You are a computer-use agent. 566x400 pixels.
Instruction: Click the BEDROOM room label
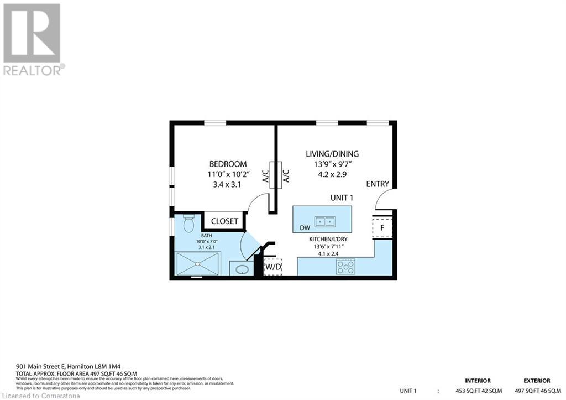pos(228,164)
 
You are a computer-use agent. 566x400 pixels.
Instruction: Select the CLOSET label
pos(225,221)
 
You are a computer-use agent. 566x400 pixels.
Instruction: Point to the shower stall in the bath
pos(198,263)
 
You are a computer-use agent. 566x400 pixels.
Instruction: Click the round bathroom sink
pos(242,269)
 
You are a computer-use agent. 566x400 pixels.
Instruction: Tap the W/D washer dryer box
pos(273,267)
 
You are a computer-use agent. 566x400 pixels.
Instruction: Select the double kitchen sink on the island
pos(324,222)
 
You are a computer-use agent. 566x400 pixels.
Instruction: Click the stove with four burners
pos(346,267)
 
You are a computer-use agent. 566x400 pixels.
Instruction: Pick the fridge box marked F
pos(382,228)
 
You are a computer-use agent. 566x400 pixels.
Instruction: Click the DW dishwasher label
pos(305,227)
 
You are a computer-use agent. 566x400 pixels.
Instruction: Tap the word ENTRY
pos(378,184)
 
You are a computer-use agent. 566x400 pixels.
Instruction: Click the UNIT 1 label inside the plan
pos(342,198)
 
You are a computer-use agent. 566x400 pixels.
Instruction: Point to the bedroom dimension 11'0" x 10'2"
pos(228,174)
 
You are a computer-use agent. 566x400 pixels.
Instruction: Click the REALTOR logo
pos(33,39)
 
